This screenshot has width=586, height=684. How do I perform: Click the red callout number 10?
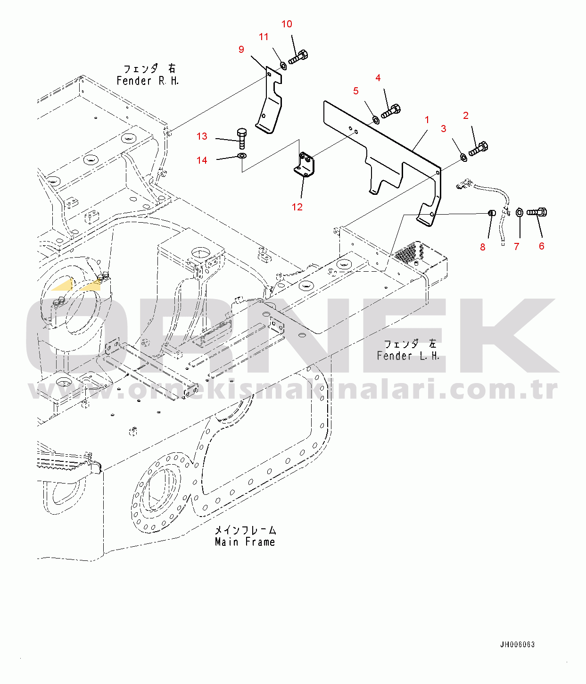287,24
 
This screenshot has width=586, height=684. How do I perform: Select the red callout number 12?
297,207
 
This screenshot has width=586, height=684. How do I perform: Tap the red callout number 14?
202,160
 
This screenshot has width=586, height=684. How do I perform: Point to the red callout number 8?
482,247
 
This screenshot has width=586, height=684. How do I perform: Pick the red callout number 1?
427,120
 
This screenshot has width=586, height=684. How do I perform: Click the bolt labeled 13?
242,139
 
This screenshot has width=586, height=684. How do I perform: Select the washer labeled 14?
242,156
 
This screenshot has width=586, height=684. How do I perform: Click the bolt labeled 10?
298,57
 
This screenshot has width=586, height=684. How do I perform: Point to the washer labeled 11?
283,66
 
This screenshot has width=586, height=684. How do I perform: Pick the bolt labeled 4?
391,111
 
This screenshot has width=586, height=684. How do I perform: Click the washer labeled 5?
376,119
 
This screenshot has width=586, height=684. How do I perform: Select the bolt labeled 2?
478,149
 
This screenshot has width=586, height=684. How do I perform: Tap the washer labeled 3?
463,157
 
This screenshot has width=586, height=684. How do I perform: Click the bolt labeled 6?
536,212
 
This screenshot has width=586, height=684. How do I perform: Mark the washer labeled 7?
520,212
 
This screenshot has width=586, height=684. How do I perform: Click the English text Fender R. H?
148,81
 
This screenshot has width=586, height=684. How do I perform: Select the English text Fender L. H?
408,356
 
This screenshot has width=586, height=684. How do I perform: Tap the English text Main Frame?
245,542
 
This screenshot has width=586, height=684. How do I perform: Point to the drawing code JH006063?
517,645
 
